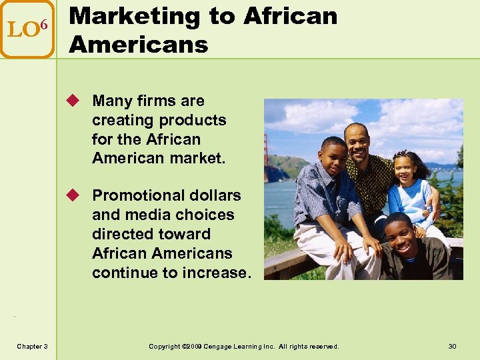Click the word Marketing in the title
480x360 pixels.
[133, 17]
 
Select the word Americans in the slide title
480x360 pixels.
[139, 45]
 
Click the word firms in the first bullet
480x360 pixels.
[160, 101]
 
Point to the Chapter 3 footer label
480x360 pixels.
[32, 347]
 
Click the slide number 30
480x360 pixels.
[453, 347]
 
